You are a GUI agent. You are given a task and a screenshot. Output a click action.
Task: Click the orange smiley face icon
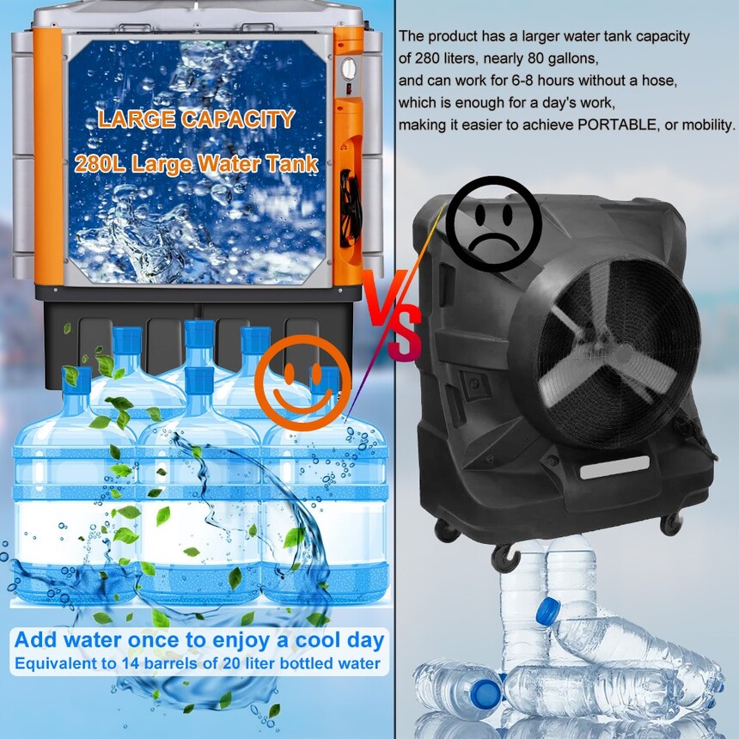(302, 382)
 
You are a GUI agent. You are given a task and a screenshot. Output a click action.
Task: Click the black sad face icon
(493, 224)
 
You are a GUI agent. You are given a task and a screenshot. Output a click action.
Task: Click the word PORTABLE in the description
(617, 125)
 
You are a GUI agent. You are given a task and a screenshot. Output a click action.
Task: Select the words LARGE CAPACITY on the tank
(197, 119)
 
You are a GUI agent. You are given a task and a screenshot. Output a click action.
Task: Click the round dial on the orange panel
(349, 69)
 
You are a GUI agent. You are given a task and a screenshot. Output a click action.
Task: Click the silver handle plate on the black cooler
(614, 467)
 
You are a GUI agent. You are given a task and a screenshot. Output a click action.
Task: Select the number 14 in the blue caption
(129, 663)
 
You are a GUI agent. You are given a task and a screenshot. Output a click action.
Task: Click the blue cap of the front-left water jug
(76, 380)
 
